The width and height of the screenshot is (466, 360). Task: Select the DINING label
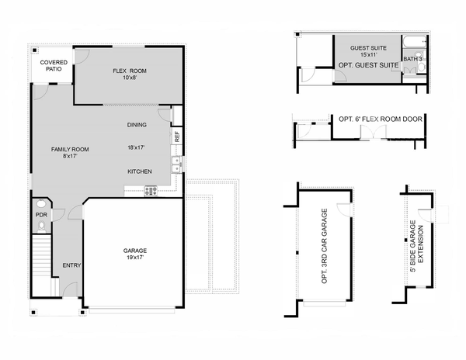(x=137, y=125)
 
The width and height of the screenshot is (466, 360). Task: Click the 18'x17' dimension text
(x=137, y=147)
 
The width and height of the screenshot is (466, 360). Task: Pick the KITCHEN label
(x=140, y=171)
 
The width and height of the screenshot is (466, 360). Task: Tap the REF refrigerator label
(x=177, y=136)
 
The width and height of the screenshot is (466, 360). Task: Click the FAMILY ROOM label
(x=70, y=149)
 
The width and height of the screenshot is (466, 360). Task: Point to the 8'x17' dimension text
(x=70, y=157)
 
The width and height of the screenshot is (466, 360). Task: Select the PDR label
(x=41, y=215)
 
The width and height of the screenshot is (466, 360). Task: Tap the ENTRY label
(x=71, y=265)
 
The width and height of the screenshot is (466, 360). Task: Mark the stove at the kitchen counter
(x=150, y=191)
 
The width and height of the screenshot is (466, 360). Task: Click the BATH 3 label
(x=412, y=59)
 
